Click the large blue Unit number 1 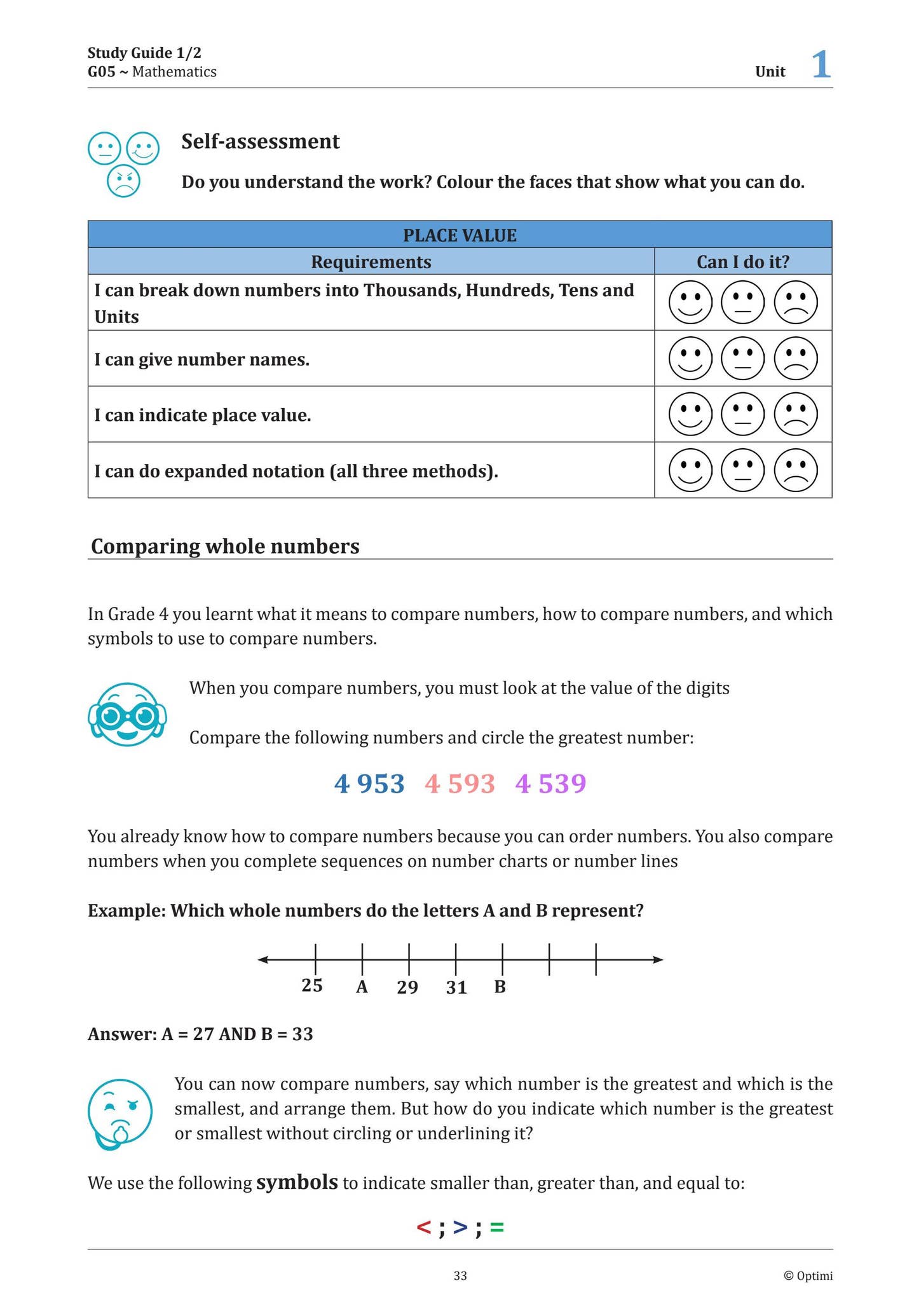tap(821, 65)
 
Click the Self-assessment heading tap(260, 141)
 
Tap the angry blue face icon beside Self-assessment tap(123, 181)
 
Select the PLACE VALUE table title tap(460, 235)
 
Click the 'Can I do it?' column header tap(742, 262)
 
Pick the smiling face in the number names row tap(690, 359)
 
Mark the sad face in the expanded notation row tap(796, 470)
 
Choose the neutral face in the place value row tap(743, 415)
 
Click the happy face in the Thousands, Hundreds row tap(690, 303)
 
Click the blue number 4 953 tap(369, 784)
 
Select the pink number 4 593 tap(460, 784)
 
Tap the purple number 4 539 tap(550, 784)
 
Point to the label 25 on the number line tap(312, 985)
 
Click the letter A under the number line tap(362, 987)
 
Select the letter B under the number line tap(500, 987)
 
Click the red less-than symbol tap(423, 1227)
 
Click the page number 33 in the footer tap(460, 1276)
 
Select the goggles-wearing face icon tap(127, 715)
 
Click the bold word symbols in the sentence tap(297, 1182)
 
